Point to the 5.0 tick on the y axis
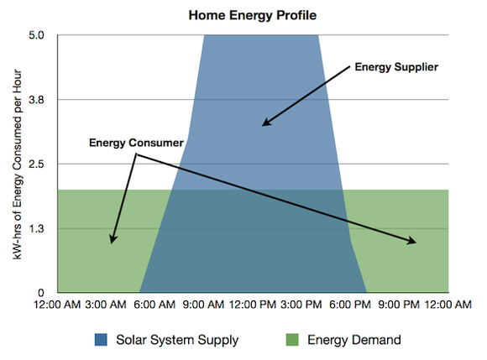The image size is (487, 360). point(44,35)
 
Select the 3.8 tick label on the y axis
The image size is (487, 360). point(44,100)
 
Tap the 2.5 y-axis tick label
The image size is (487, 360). point(44,164)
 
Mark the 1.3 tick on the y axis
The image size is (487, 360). point(44,229)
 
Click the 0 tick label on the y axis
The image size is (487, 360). point(48,293)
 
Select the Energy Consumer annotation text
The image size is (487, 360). point(136,143)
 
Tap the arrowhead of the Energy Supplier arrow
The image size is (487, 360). point(264,124)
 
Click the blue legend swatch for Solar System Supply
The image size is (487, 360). point(102,340)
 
